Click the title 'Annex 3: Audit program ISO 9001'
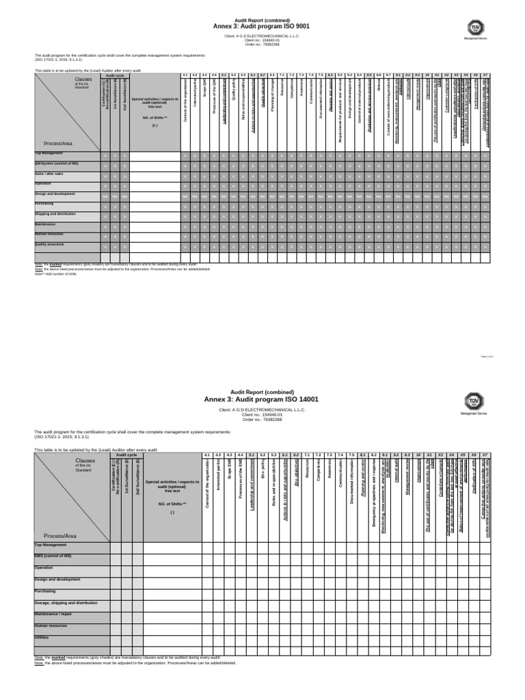coord(262,26)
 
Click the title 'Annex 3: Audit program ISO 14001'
coord(262,399)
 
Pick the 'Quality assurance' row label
coord(49,244)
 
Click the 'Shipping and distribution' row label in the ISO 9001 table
coord(55,213)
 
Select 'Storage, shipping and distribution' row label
coord(66,603)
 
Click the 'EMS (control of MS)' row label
coord(51,556)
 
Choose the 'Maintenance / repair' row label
coord(53,614)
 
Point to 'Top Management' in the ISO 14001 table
coord(51,545)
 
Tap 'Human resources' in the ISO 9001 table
coord(49,233)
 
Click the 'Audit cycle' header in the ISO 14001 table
coord(126,454)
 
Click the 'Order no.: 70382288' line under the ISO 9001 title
coord(262,44)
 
